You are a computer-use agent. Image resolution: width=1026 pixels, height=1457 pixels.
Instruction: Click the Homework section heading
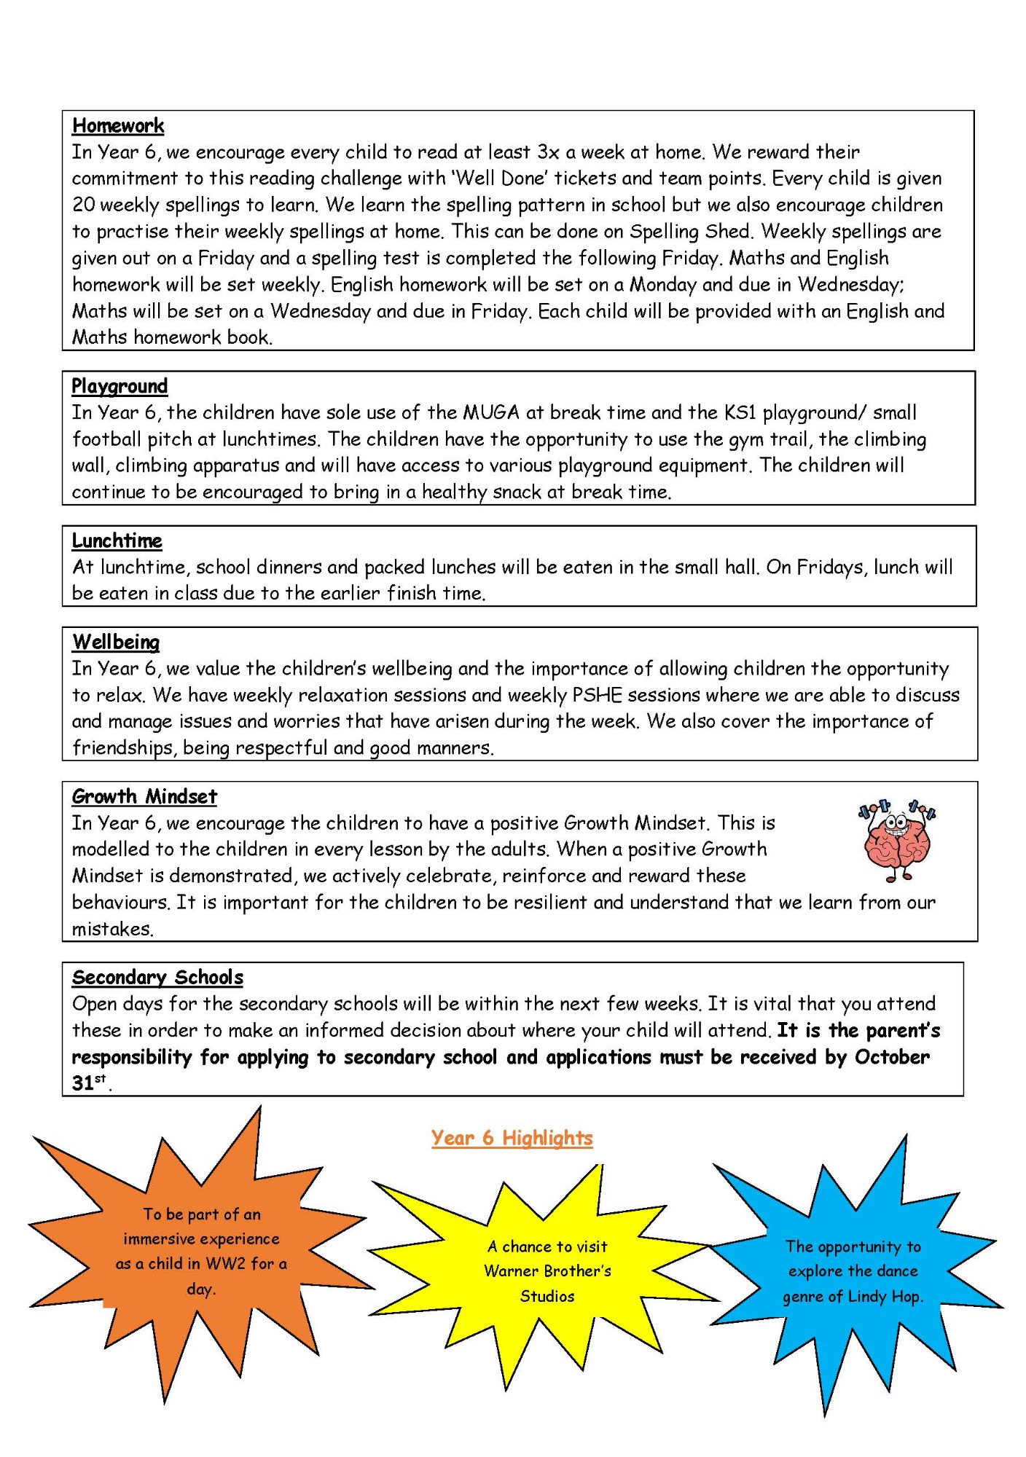pos(118,126)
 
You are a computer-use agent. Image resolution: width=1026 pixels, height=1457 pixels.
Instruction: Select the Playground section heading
pos(120,386)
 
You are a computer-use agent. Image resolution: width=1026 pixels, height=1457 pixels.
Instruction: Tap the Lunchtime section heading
pos(117,541)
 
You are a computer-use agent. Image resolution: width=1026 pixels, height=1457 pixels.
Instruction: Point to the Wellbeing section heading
pos(116,642)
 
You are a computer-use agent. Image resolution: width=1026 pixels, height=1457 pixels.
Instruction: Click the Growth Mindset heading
pos(144,796)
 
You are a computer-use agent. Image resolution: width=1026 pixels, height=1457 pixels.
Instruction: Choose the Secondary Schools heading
pos(157,977)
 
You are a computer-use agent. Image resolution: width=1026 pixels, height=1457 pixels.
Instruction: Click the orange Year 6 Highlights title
pos(512,1138)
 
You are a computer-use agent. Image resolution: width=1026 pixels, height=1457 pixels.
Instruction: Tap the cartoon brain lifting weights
pos(897,841)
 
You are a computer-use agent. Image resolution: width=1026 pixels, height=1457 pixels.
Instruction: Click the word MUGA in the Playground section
pos(491,413)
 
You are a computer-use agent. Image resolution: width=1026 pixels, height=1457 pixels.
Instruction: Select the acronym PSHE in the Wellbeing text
pos(597,695)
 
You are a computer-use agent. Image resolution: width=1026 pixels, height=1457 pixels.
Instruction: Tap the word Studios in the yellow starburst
pos(547,1296)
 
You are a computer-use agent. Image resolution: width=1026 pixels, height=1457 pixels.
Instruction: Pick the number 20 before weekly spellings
pos(84,205)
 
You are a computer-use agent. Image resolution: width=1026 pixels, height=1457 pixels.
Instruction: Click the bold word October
pos(892,1057)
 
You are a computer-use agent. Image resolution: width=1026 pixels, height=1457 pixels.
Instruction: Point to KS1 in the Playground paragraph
pos(740,413)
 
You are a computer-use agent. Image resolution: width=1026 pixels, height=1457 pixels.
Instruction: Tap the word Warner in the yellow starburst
pos(511,1271)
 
